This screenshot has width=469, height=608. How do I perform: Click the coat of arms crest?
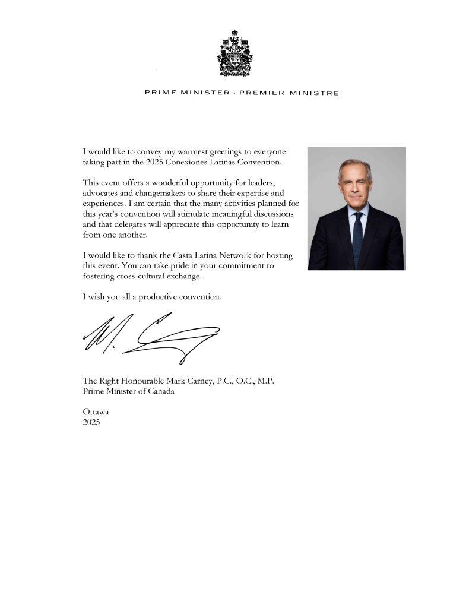(x=235, y=53)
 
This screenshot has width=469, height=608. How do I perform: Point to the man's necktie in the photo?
(x=357, y=237)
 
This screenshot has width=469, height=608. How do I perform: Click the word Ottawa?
(x=96, y=411)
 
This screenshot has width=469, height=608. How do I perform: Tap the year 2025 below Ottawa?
(x=92, y=422)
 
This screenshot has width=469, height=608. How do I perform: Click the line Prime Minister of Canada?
(x=129, y=391)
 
